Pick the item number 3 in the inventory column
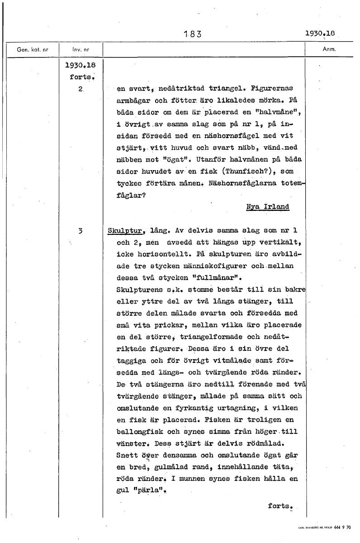coord(79,230)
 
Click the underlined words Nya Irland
coord(268,207)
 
